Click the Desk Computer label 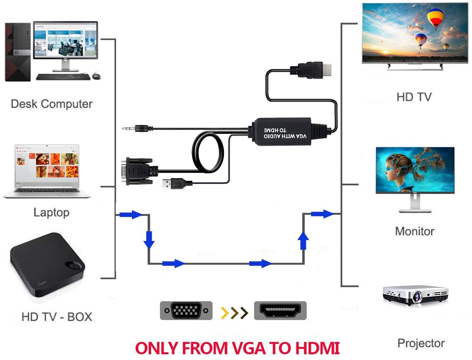click(52, 104)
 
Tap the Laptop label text click(52, 213)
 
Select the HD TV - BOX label click(57, 317)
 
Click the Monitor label click(415, 231)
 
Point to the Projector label click(421, 343)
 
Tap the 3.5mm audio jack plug click(138, 129)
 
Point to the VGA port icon click(186, 310)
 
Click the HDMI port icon click(280, 310)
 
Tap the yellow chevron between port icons click(225, 313)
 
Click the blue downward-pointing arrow click(149, 240)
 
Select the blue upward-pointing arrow click(303, 241)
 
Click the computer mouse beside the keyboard click(96, 76)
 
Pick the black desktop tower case click(18, 52)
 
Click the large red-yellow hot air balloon click(435, 18)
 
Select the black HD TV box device click(48, 264)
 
